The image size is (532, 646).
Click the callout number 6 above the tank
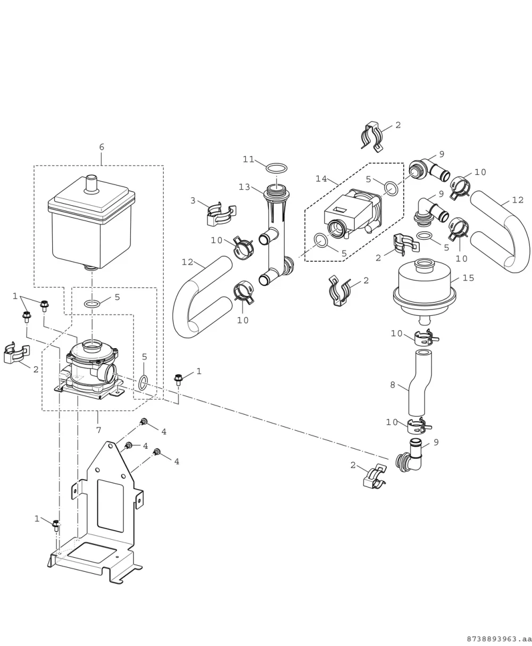click(102, 147)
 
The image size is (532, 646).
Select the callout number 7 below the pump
click(98, 430)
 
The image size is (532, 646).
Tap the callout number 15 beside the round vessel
click(468, 278)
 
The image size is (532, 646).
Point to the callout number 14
click(321, 179)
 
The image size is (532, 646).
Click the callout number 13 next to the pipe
click(245, 187)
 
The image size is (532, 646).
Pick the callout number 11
click(248, 160)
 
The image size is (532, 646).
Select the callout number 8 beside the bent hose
click(393, 385)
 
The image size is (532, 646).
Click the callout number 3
click(193, 200)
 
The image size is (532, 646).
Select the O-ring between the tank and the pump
click(92, 304)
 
